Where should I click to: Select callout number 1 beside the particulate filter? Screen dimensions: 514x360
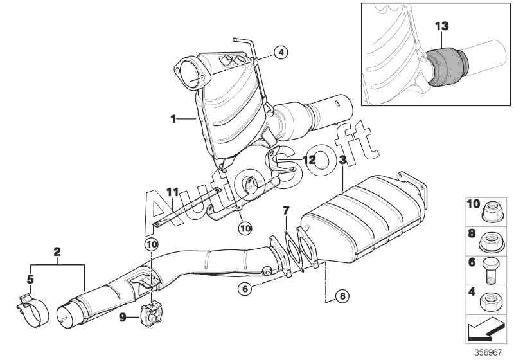tap(173, 118)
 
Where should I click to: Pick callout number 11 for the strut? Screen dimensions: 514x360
tap(172, 192)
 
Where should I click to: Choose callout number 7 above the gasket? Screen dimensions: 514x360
tap(287, 210)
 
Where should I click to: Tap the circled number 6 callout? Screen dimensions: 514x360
tap(244, 289)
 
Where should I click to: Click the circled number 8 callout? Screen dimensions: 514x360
tap(342, 296)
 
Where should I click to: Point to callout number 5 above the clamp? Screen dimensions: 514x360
tap(30, 279)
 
